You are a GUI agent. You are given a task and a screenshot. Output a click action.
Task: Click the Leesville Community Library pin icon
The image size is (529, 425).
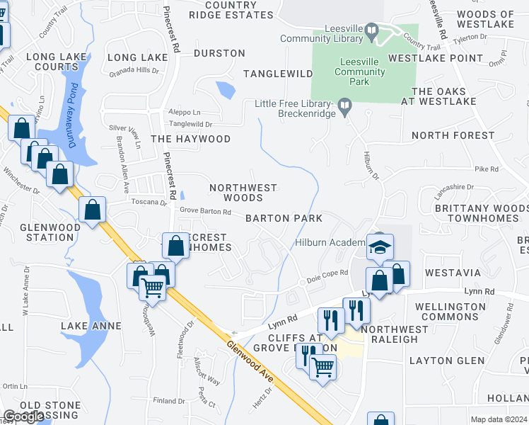pos(372,30)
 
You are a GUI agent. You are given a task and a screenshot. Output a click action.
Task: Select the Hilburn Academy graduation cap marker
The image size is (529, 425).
pos(380,246)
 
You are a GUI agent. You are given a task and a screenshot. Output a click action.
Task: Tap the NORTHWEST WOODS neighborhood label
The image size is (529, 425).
pos(243,193)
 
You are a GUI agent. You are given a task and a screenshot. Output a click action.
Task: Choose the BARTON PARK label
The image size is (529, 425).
pos(284,218)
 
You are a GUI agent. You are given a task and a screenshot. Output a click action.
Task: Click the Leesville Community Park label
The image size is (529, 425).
pos(361,72)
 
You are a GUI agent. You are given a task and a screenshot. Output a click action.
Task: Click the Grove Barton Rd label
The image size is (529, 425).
pos(205,212)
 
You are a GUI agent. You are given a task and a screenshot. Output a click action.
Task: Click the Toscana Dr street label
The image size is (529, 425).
pos(149,202)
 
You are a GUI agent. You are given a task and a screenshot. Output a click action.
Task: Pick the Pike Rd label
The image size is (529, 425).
pos(487,169)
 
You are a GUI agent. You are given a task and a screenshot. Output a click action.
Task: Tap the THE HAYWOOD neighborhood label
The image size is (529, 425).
pos(190,139)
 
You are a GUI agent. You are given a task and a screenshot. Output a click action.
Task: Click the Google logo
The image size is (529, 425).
pos(24,416)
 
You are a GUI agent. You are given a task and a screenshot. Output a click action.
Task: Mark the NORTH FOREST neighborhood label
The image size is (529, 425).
pos(453,135)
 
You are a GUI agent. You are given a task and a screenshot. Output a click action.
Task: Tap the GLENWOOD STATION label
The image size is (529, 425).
pos(47,232)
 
